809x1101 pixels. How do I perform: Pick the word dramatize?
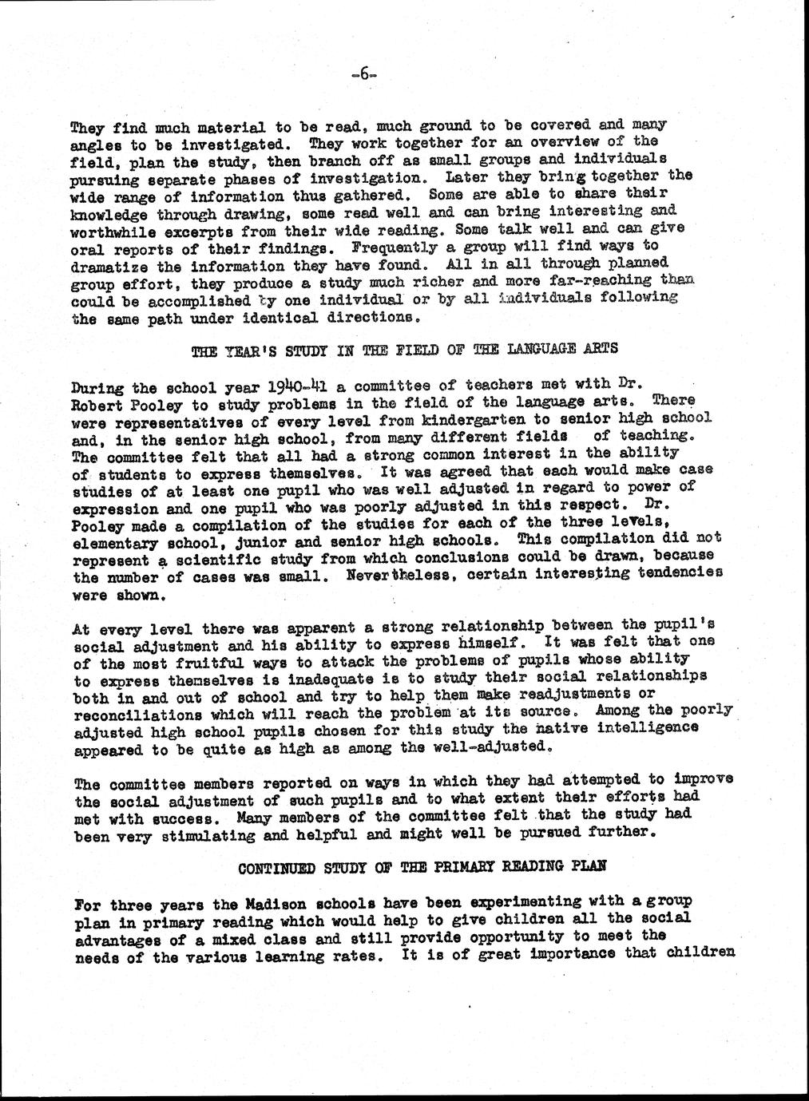pos(111,267)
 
